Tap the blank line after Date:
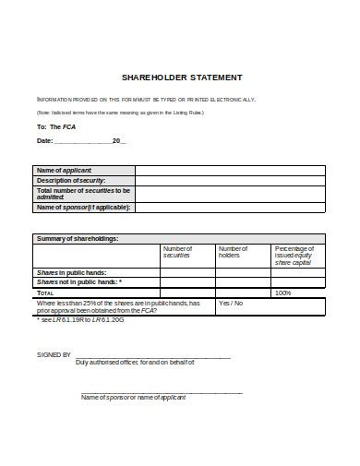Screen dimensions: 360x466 (83, 141)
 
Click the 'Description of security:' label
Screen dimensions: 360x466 (70, 180)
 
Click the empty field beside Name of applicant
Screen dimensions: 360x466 (230, 170)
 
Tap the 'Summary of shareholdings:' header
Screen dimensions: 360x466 (78, 238)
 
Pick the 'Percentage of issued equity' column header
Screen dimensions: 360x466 (296, 256)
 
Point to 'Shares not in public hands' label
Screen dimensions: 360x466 (78, 282)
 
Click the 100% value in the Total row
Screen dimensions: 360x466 (283, 293)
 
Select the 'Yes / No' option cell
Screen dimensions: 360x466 (231, 303)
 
